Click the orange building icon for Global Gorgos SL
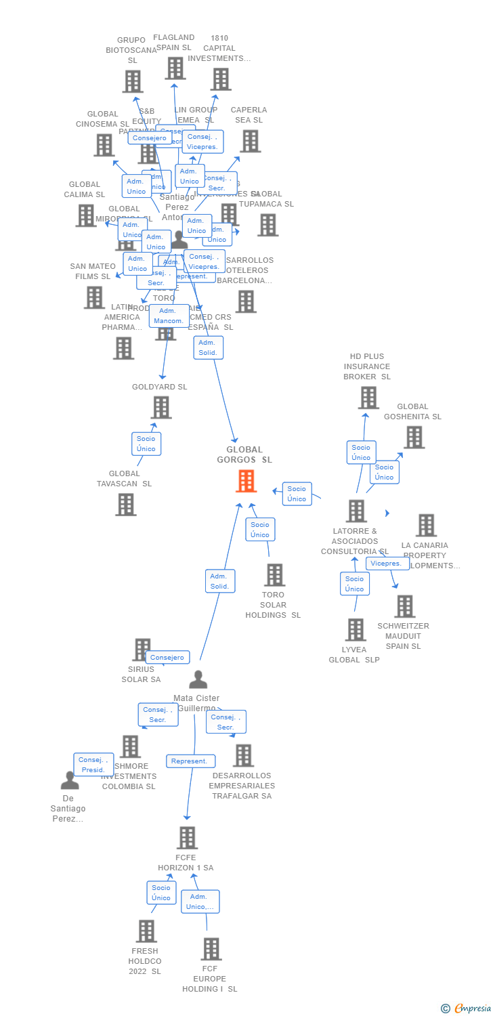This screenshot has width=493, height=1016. pyautogui.click(x=246, y=481)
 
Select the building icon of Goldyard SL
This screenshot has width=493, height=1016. pyautogui.click(x=161, y=408)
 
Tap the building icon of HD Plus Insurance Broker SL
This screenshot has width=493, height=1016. pyautogui.click(x=368, y=398)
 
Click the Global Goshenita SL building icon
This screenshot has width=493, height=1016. pyautogui.click(x=414, y=438)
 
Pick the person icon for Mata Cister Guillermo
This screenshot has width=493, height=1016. pyautogui.click(x=198, y=679)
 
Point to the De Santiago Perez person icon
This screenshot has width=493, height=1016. pyautogui.click(x=70, y=781)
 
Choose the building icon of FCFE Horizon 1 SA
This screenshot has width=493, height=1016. pyautogui.click(x=187, y=838)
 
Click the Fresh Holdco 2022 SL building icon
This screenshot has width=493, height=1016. pyautogui.click(x=146, y=931)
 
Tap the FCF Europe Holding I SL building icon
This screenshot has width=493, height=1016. pyautogui.click(x=211, y=949)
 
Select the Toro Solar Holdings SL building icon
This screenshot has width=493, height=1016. pyautogui.click(x=274, y=575)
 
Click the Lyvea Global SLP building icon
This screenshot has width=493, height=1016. pyautogui.click(x=356, y=630)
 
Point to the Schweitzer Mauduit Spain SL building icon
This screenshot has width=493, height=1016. pyautogui.click(x=405, y=606)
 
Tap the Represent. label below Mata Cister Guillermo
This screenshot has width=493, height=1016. pyautogui.click(x=190, y=761)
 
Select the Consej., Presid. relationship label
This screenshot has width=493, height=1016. pyautogui.click(x=93, y=765)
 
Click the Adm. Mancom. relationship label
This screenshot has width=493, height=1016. pyautogui.click(x=169, y=316)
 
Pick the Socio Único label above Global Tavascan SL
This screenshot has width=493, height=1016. pyautogui.click(x=146, y=444)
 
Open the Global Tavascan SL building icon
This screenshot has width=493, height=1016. pyautogui.click(x=125, y=505)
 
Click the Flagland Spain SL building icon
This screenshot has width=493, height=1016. pyautogui.click(x=175, y=68)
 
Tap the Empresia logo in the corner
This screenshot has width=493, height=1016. pyautogui.click(x=467, y=1009)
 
